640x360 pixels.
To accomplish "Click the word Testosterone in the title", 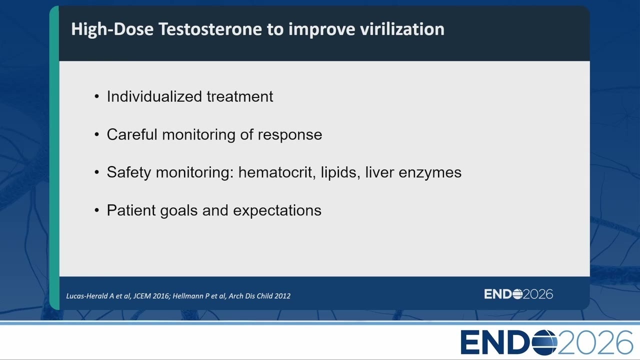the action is (x=210, y=29).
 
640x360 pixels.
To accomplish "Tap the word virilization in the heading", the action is (x=402, y=29).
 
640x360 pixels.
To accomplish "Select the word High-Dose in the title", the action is (x=112, y=29).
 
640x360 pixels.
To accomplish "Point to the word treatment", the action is (x=240, y=96).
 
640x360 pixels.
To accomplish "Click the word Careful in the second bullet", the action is (x=132, y=134).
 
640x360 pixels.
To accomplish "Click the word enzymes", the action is (x=430, y=173).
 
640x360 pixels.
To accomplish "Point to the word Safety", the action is (x=129, y=173).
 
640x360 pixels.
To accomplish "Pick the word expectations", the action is (x=277, y=211).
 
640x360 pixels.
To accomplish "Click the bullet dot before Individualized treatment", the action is (x=96, y=96).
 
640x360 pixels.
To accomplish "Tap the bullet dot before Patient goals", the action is (x=96, y=210).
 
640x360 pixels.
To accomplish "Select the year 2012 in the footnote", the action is (x=282, y=296).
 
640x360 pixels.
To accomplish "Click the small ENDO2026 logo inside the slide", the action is (x=518, y=294).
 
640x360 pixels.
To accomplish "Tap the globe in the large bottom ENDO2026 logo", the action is (x=544, y=342).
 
